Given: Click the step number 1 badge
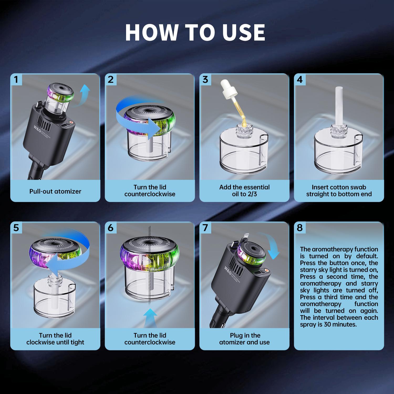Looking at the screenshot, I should click(16, 79).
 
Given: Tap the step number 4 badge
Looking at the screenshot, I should click(300, 79).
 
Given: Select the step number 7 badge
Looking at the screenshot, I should click(205, 228).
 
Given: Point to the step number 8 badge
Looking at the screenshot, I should click(300, 228).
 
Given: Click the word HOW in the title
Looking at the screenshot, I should click(151, 32).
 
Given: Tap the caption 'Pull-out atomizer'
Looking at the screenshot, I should click(55, 191).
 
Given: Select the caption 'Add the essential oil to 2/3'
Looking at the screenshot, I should click(244, 191).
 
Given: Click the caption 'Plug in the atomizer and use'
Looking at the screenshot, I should click(244, 339).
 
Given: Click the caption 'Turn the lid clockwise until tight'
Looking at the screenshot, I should click(55, 339).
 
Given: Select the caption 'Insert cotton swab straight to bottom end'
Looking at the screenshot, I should click(339, 191).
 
